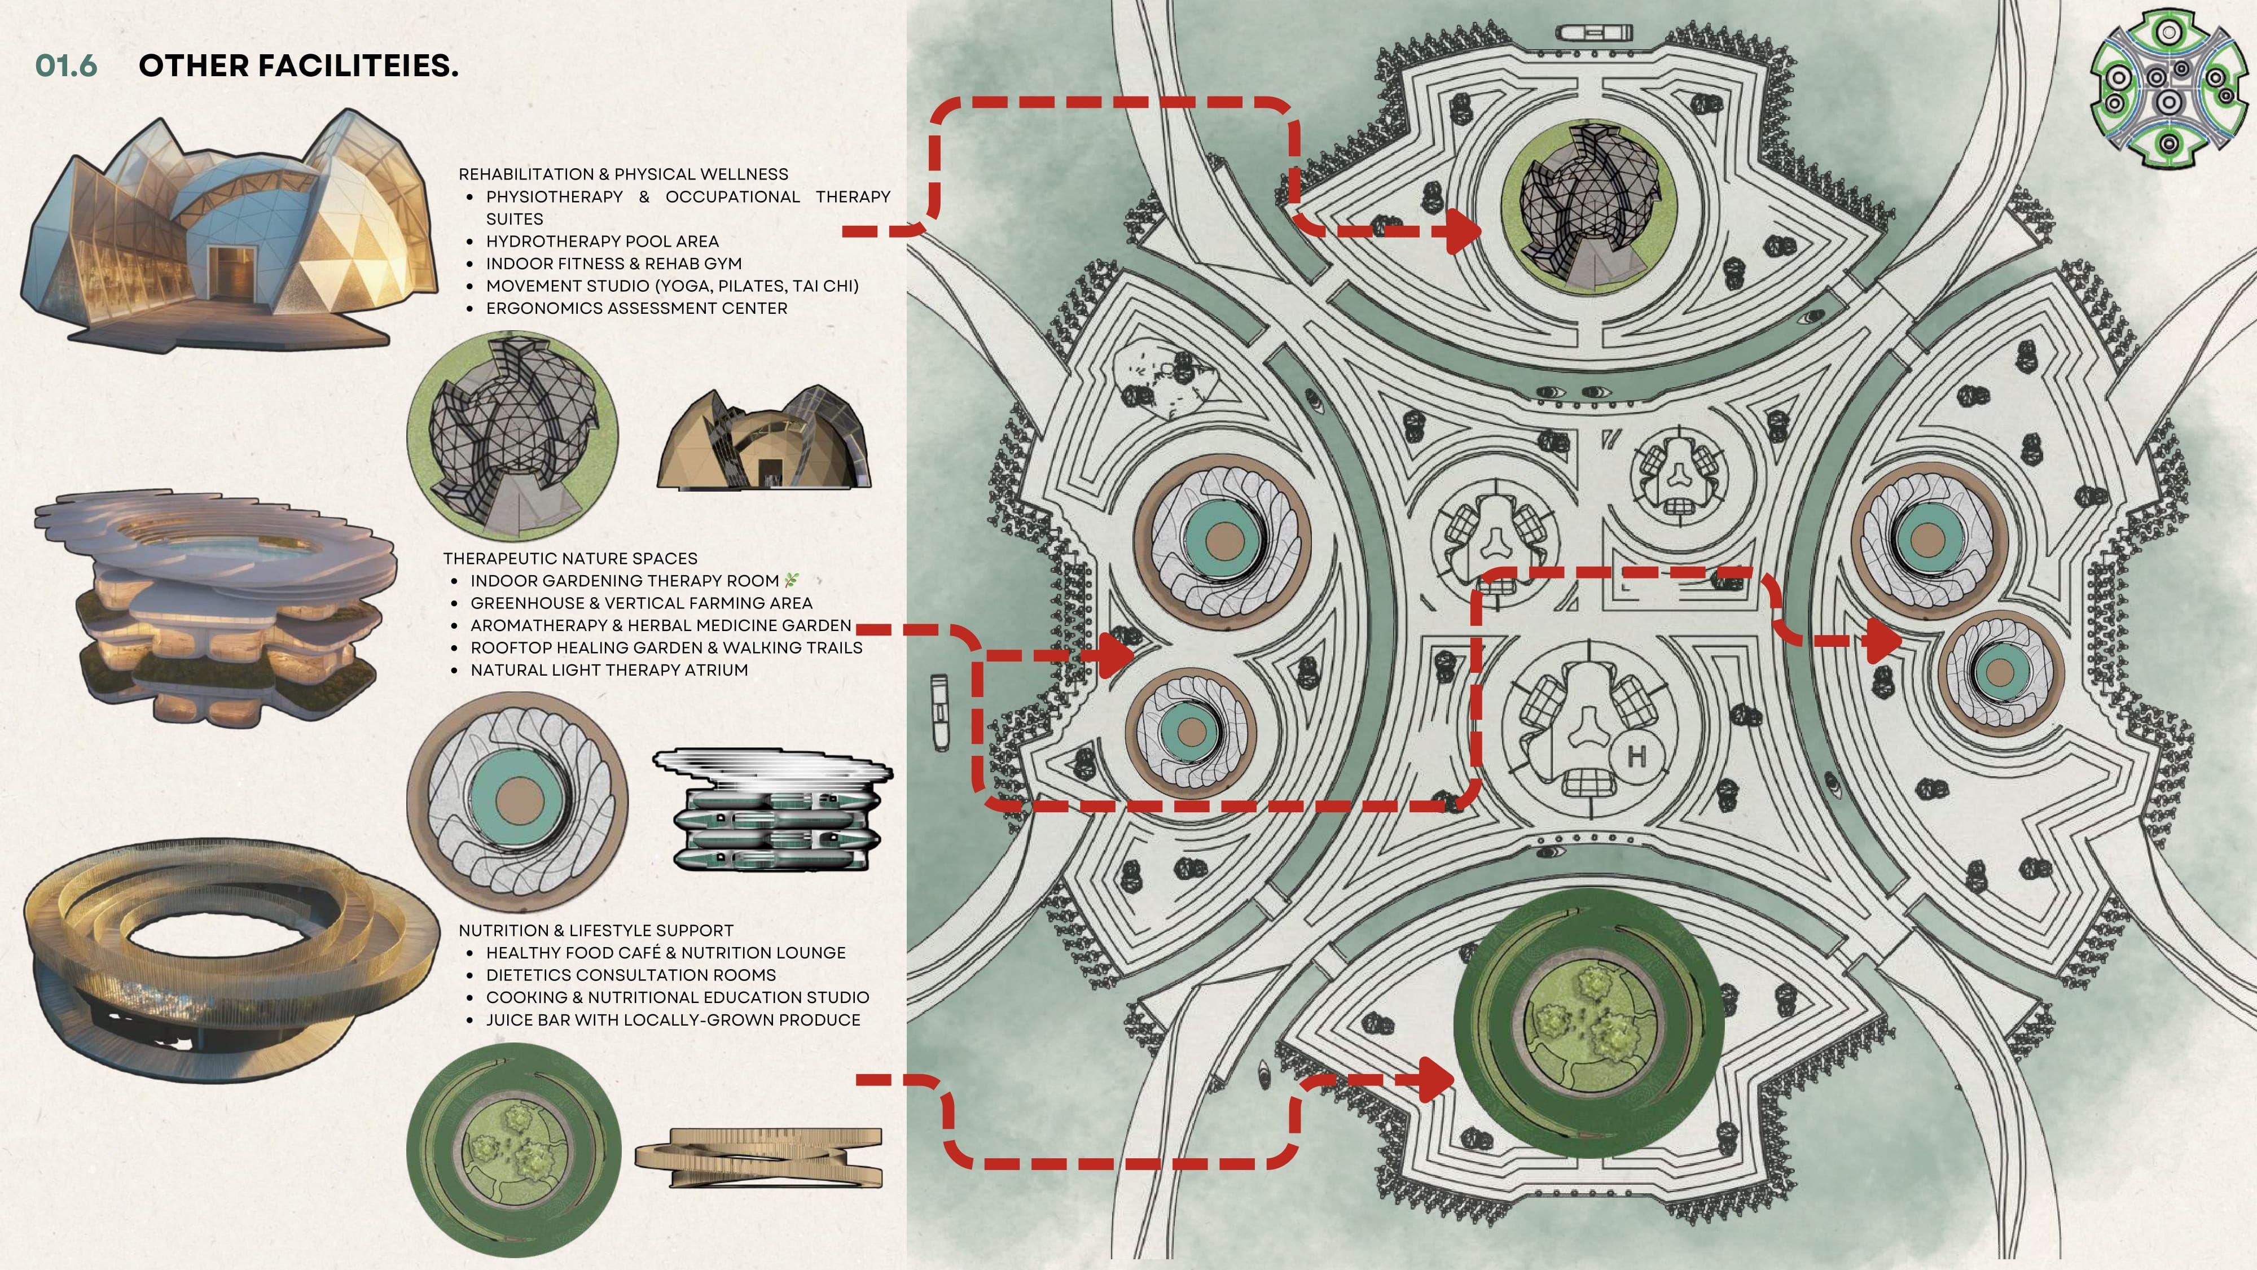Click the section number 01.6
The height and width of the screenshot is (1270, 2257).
(x=65, y=65)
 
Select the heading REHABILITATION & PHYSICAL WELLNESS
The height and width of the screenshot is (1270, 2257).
(x=623, y=174)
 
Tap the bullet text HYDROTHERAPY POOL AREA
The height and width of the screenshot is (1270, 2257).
(x=602, y=241)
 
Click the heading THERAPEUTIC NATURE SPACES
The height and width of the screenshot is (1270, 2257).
(x=569, y=558)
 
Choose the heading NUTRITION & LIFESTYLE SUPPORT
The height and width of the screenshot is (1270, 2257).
(x=596, y=930)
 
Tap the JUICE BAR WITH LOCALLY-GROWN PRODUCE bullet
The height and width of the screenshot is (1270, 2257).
(x=673, y=1020)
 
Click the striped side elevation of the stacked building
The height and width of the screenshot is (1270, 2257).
(x=773, y=811)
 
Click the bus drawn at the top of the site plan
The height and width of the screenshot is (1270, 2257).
(x=1594, y=33)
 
